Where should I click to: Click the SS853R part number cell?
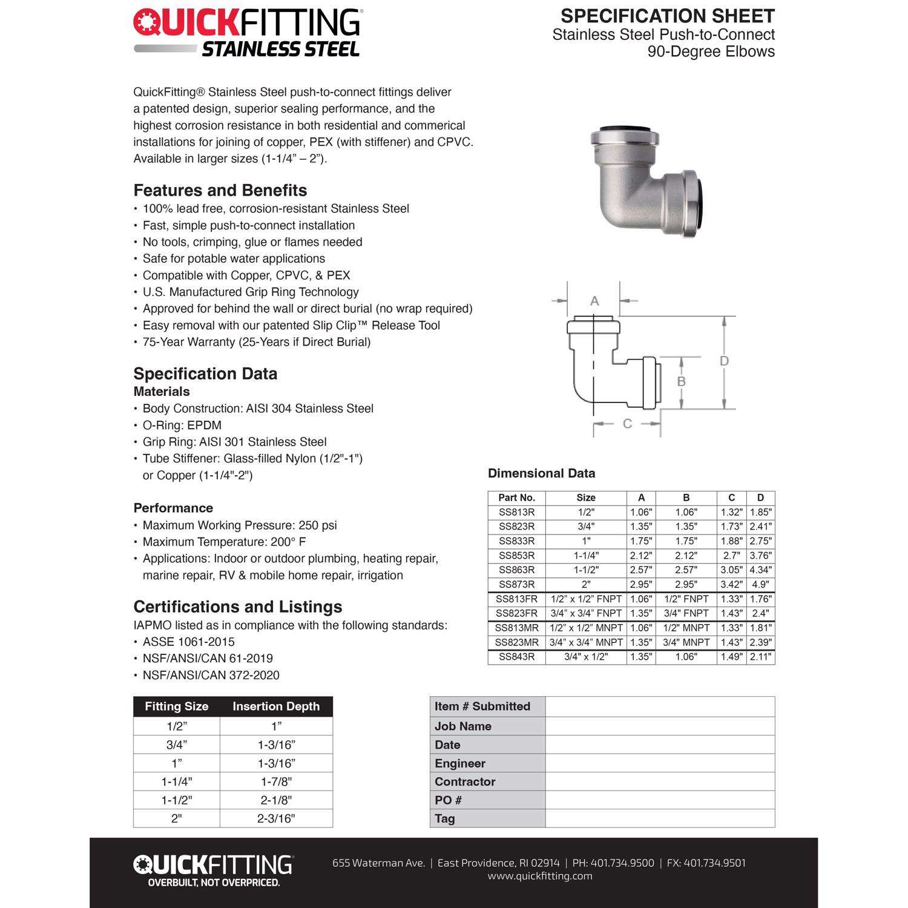pyautogui.click(x=516, y=555)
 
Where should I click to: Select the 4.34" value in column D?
pyautogui.click(x=760, y=570)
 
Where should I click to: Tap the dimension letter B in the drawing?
pyautogui.click(x=681, y=381)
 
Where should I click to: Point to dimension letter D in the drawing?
pyautogui.click(x=724, y=361)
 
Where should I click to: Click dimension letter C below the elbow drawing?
pyautogui.click(x=627, y=424)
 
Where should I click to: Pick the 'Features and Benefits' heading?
pyautogui.click(x=220, y=190)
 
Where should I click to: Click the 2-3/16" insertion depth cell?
pyautogui.click(x=276, y=818)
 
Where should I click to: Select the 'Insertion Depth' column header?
pyautogui.click(x=276, y=706)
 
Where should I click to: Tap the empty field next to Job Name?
pyautogui.click(x=660, y=726)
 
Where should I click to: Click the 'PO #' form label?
pyautogui.click(x=448, y=800)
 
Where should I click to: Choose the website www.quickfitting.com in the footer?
pyautogui.click(x=540, y=876)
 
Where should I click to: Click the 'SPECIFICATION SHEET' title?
pyautogui.click(x=668, y=16)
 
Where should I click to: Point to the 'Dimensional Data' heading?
pyautogui.click(x=541, y=473)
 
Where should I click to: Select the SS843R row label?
pyautogui.click(x=516, y=657)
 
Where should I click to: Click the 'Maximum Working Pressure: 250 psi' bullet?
pyautogui.click(x=240, y=525)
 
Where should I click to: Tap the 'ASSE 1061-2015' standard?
pyautogui.click(x=188, y=642)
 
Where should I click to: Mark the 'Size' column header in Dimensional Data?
pyautogui.click(x=585, y=498)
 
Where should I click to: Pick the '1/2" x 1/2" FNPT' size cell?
pyautogui.click(x=585, y=599)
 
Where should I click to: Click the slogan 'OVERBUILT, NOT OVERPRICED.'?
pyautogui.click(x=214, y=883)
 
